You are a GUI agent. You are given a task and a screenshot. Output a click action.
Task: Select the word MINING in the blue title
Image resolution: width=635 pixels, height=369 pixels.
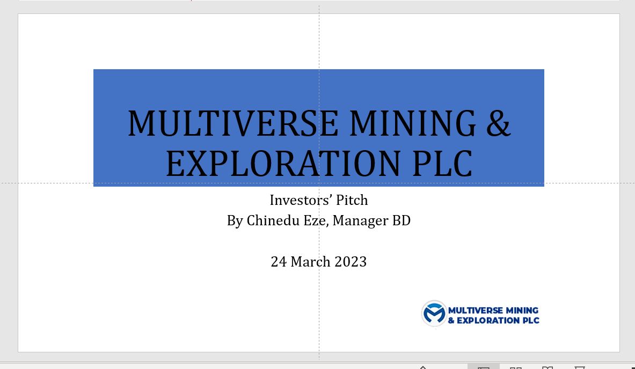coord(412,123)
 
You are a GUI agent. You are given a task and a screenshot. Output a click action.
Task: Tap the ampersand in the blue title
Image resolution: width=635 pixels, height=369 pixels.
coord(499,123)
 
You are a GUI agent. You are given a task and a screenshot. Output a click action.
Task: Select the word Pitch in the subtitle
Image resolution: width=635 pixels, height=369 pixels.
coord(352,200)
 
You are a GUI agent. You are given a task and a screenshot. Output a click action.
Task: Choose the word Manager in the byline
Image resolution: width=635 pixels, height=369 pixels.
coord(360,220)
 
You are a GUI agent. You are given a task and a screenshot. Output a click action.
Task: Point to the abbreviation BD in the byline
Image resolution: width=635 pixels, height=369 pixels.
coord(402,220)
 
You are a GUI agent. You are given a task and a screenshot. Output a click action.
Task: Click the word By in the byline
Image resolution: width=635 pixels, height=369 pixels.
coord(235,220)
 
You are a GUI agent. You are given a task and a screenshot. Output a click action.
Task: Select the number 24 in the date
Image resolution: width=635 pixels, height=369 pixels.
coord(279,262)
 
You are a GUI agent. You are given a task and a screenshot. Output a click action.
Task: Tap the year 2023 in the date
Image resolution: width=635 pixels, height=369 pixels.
coord(351,262)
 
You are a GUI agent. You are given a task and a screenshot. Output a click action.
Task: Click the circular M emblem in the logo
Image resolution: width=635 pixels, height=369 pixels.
coord(434,314)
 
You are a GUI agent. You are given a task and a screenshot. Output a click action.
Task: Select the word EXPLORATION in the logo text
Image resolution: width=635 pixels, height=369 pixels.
coord(481,321)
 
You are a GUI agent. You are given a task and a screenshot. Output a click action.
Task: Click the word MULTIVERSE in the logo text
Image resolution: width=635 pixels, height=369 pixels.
coord(475,310)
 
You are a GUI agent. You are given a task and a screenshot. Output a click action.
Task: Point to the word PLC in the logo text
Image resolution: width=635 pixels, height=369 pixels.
coord(529,321)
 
